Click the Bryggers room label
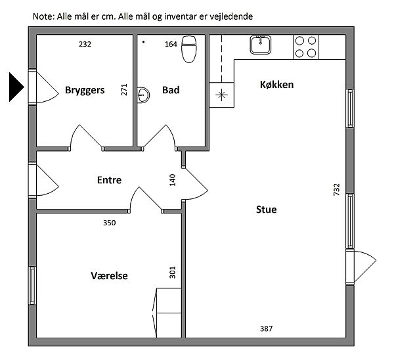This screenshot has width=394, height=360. (x=85, y=90)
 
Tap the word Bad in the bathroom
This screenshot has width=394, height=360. (x=171, y=90)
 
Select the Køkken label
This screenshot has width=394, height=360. (x=276, y=85)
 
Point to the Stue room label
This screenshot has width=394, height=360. (x=267, y=210)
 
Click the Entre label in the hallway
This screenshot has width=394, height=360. (x=109, y=180)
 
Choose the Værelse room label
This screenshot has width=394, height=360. (x=109, y=276)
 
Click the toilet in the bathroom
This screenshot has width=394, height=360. (x=189, y=49)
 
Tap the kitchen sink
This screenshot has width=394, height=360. (x=261, y=45)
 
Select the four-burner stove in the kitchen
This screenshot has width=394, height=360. (x=305, y=47)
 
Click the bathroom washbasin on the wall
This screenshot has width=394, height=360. (x=143, y=95)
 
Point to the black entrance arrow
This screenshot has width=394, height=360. (x=16, y=87)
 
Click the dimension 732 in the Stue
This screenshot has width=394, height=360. (x=336, y=190)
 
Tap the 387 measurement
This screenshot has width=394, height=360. (x=266, y=328)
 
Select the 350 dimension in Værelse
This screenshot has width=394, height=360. (x=109, y=223)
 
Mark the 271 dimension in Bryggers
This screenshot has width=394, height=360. (x=124, y=89)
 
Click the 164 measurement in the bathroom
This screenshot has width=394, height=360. (x=171, y=44)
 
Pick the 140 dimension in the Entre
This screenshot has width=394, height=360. (x=172, y=180)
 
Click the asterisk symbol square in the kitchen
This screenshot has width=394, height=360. (x=222, y=95)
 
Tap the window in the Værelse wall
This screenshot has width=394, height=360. (x=32, y=285)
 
